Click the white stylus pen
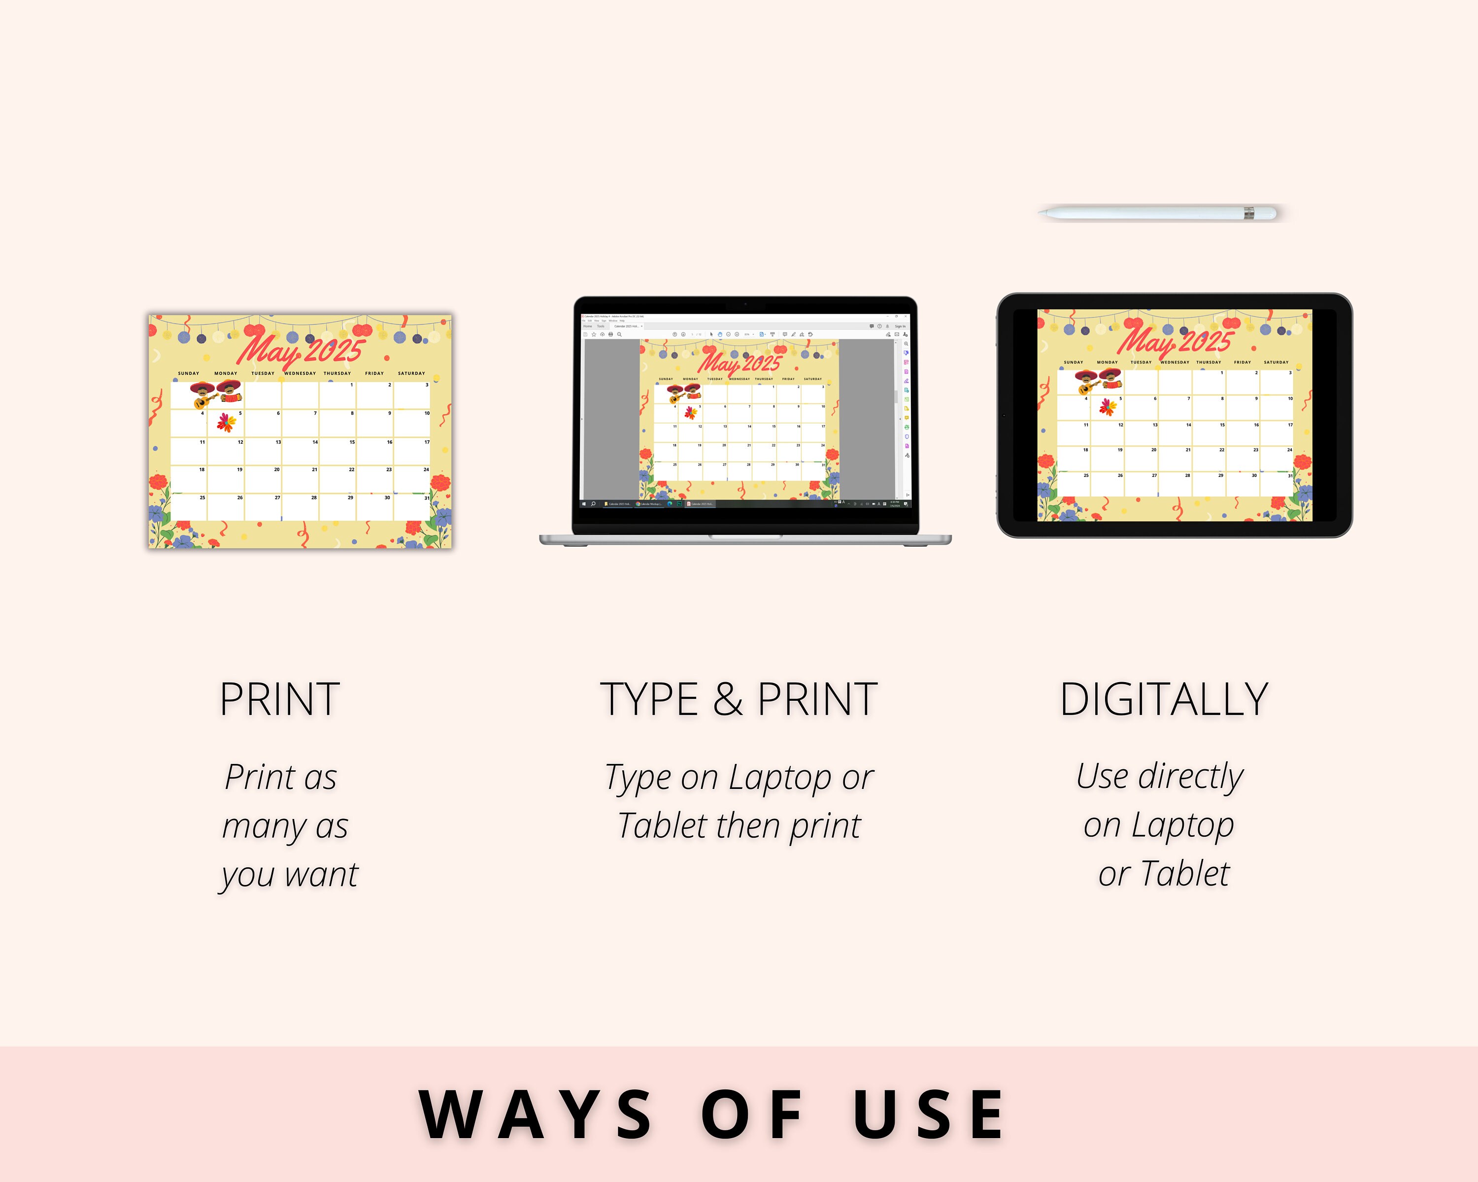tap(1157, 213)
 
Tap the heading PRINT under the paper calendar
tap(280, 700)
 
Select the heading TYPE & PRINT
tap(739, 700)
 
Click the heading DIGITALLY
tap(1164, 700)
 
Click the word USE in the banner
tap(929, 1116)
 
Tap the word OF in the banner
tap(752, 1116)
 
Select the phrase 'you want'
tap(289, 875)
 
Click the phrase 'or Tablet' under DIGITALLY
tap(1164, 874)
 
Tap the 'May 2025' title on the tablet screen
tap(1175, 340)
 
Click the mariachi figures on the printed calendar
tap(216, 394)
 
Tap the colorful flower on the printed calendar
tap(226, 422)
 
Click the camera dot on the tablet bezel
tap(1004, 415)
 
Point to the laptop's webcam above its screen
tap(745, 303)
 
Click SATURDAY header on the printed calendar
tap(411, 373)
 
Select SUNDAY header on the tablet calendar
tap(1074, 362)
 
